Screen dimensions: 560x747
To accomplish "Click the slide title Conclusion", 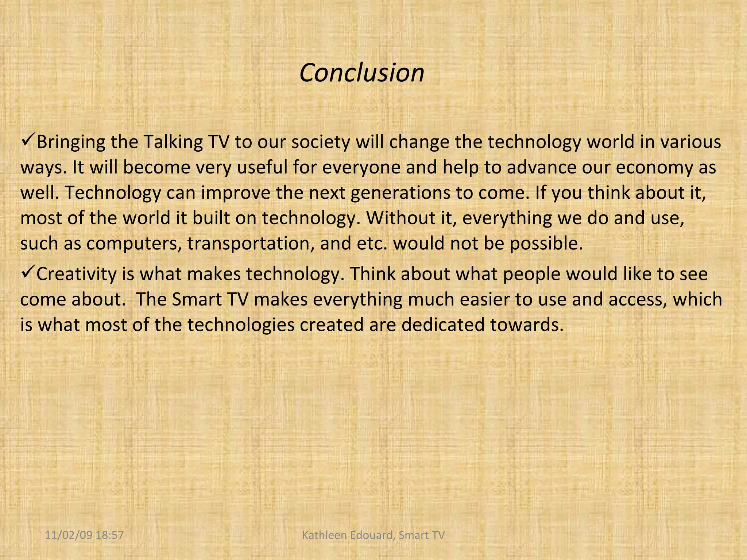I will click(361, 73).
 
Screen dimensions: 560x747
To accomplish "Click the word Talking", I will click(173, 142).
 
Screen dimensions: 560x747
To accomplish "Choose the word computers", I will click(134, 244).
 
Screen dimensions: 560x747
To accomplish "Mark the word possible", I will click(546, 244).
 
